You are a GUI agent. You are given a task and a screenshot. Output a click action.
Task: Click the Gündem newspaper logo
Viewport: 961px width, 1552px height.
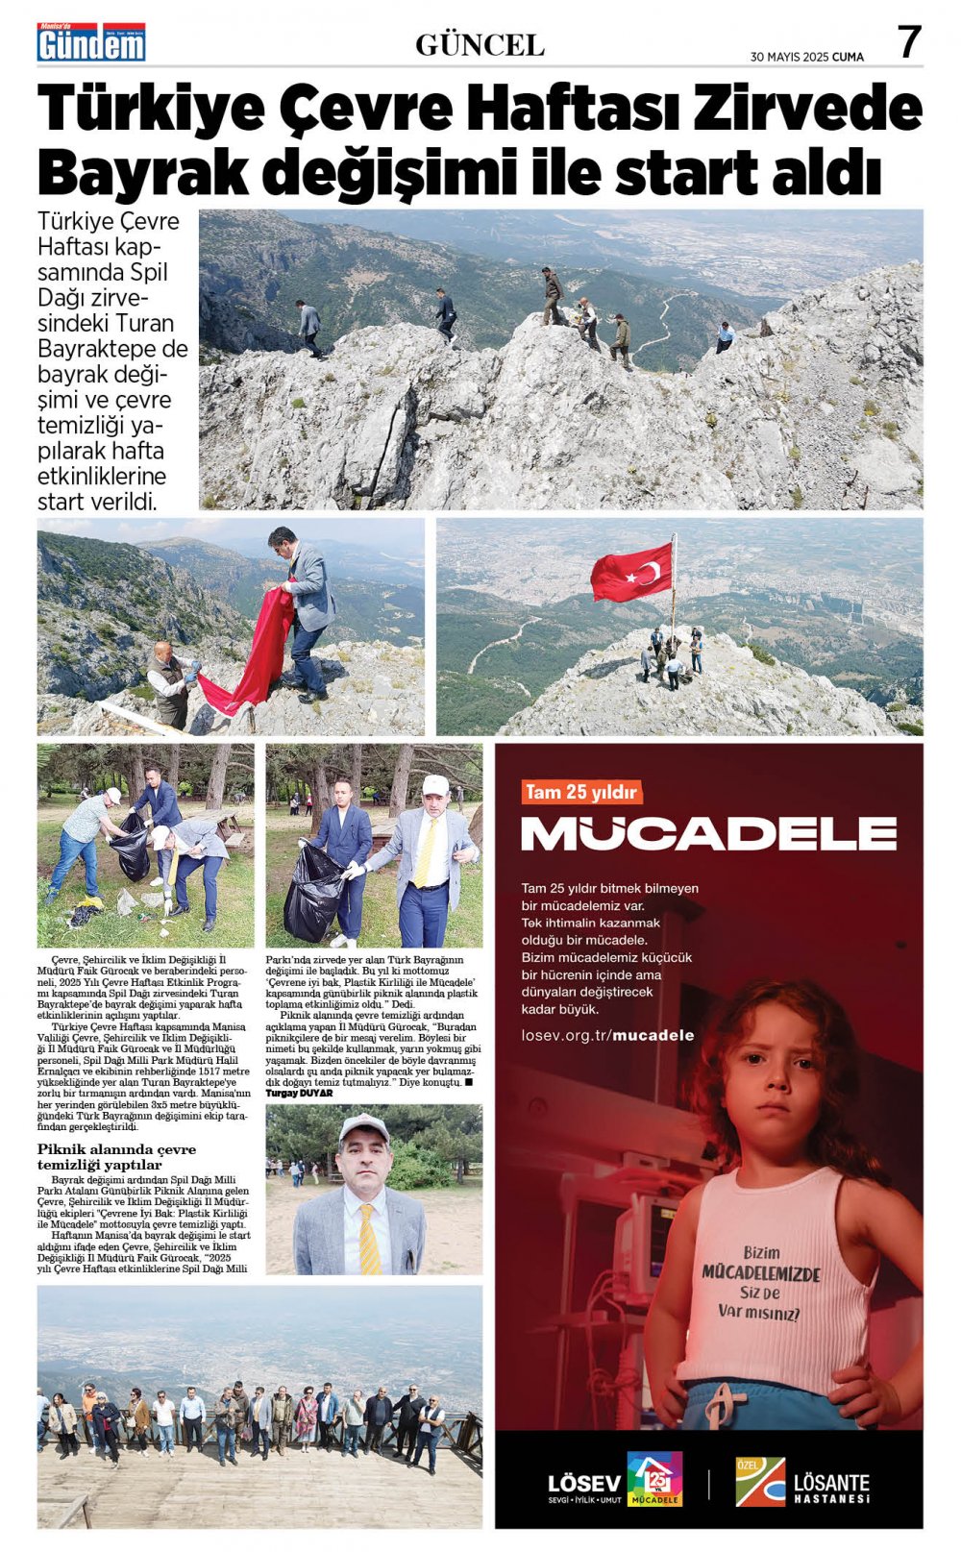click(91, 43)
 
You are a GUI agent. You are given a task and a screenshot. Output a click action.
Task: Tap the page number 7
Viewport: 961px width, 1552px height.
click(908, 43)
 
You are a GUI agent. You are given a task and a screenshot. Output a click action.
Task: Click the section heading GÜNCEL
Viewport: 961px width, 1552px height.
click(480, 45)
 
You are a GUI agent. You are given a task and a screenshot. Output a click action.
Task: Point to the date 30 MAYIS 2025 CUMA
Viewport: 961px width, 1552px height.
click(806, 57)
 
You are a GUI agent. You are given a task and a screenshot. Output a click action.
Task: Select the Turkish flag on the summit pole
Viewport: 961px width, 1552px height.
click(631, 572)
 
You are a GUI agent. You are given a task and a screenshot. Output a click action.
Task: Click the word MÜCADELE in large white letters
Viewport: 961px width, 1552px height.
click(708, 833)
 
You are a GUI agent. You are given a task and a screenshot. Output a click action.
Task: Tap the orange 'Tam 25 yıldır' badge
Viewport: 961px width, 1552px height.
click(581, 792)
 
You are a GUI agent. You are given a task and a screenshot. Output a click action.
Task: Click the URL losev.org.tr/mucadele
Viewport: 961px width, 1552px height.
click(607, 1035)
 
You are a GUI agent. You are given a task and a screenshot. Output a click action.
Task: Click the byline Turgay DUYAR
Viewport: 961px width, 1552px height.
click(299, 1093)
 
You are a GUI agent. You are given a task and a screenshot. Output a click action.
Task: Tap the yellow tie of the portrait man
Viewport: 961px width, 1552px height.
click(368, 1240)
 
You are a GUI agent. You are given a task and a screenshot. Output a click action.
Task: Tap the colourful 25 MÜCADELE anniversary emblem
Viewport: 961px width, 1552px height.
click(654, 1478)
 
